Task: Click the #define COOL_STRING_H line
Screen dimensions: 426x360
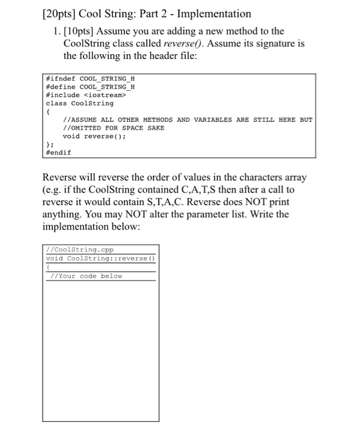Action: point(91,87)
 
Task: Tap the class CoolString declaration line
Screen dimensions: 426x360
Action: point(80,103)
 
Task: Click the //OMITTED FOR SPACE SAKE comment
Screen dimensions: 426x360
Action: point(114,128)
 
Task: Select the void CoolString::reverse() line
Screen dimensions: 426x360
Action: point(101,258)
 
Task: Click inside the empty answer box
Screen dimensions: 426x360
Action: point(101,347)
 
